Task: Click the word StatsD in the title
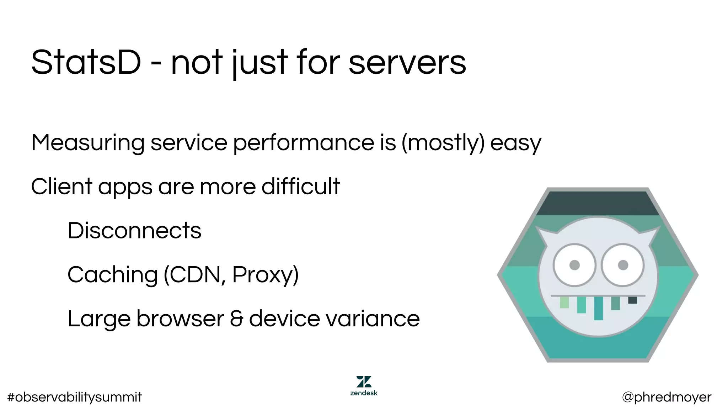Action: (x=86, y=63)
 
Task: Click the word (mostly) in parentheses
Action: (x=443, y=143)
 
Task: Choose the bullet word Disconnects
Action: (x=134, y=231)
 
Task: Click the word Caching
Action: (x=112, y=275)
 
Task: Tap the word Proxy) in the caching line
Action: (x=265, y=275)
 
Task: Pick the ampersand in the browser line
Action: (x=236, y=319)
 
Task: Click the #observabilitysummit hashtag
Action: (x=74, y=397)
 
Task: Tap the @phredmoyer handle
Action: (x=667, y=397)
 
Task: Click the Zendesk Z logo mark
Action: (x=364, y=382)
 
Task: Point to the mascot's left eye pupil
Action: (x=574, y=265)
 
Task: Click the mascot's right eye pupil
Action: (x=623, y=265)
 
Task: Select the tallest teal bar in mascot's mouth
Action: (x=598, y=308)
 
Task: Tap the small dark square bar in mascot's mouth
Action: (x=632, y=300)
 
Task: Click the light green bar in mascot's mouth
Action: (x=564, y=303)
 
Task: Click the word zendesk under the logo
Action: (x=364, y=393)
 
